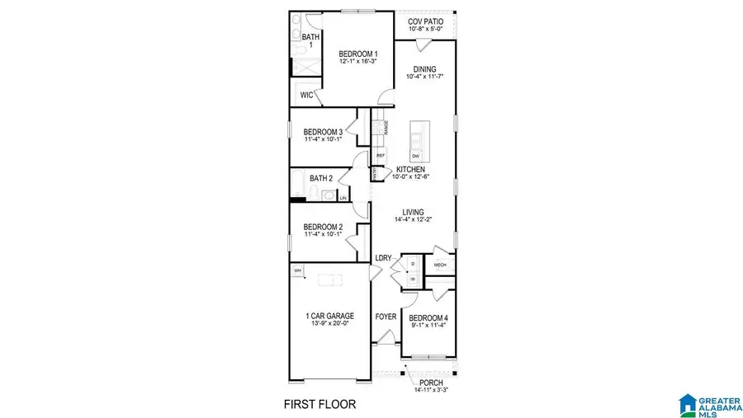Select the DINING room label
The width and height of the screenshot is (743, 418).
(x=425, y=70)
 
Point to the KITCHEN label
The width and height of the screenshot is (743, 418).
(x=410, y=170)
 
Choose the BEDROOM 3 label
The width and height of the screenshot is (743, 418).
(x=323, y=132)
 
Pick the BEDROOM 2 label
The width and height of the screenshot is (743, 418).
(x=323, y=228)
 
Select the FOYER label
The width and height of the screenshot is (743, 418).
(x=386, y=317)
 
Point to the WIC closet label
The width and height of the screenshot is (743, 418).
(x=306, y=96)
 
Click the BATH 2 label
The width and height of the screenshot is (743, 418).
(x=321, y=178)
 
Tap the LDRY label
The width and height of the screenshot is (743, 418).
(x=383, y=258)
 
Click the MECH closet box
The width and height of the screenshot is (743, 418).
(x=439, y=265)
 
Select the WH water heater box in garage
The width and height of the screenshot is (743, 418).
(x=296, y=270)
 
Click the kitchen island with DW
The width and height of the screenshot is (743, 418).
(x=419, y=141)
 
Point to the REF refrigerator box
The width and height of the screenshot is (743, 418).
(x=381, y=154)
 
